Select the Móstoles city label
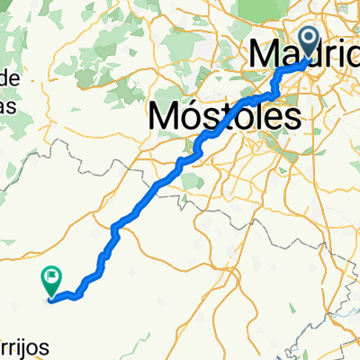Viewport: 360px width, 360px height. [x=222, y=116]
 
